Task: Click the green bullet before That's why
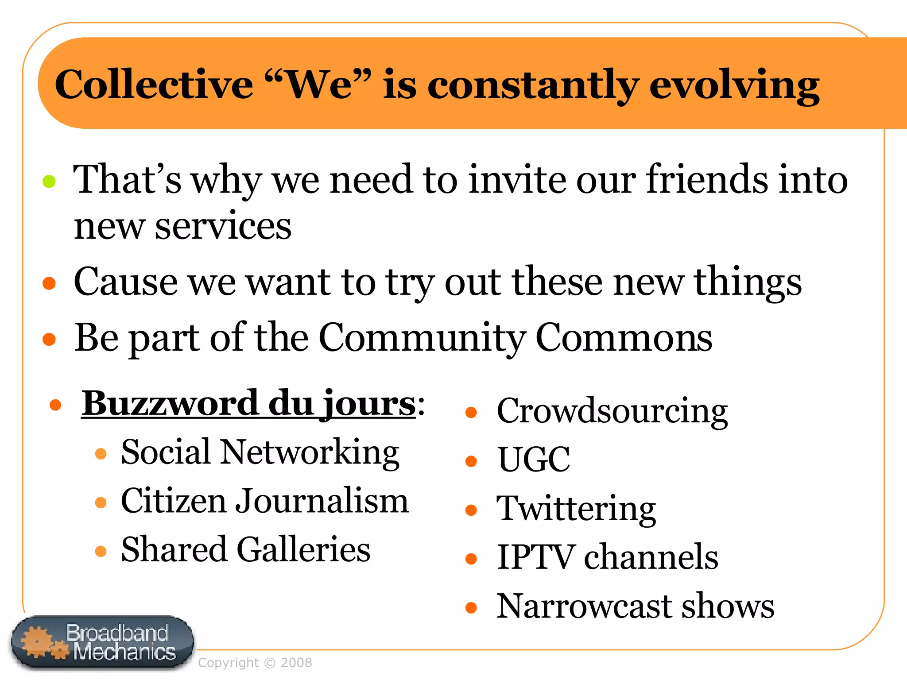coord(49,181)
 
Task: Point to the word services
coord(223,226)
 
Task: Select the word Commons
coord(624,338)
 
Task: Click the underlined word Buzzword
coord(170,403)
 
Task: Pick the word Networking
coord(310,452)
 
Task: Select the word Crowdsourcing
coord(612,411)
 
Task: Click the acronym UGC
coord(534,460)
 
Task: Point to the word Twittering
coord(576,509)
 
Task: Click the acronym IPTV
coord(535,557)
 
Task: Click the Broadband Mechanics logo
coord(102,642)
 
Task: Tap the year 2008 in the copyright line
coord(296,663)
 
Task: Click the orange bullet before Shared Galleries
coord(101,551)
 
